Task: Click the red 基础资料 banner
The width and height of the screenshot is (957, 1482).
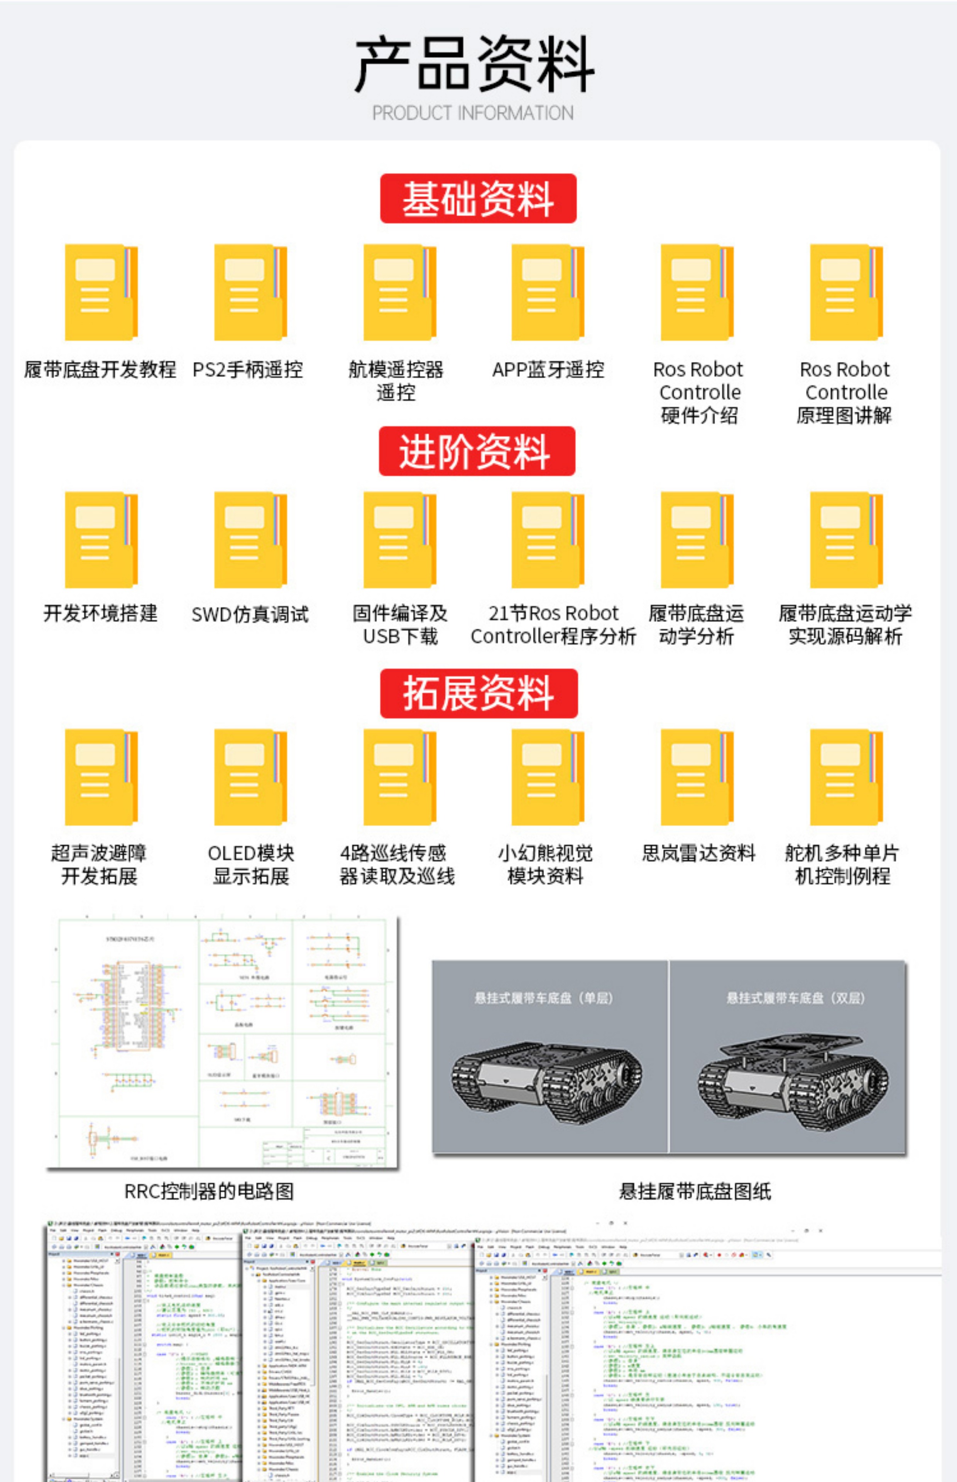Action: [x=478, y=199]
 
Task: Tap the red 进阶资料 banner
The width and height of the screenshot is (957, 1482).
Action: [x=477, y=451]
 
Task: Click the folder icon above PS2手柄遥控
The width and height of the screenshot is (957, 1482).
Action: [x=250, y=293]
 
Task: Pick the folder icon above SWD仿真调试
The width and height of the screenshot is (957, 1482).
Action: [x=250, y=540]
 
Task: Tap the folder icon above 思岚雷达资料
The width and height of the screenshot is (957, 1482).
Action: [x=697, y=777]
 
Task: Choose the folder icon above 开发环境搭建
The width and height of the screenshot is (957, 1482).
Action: [x=101, y=540]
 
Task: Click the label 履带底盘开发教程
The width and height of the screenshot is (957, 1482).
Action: [x=100, y=370]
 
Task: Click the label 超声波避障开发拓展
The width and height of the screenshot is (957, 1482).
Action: [x=99, y=864]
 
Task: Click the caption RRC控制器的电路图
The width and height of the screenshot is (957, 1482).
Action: [x=209, y=1191]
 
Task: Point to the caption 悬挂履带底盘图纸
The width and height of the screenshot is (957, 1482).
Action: [x=695, y=1191]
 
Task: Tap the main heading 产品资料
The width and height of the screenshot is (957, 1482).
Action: [x=474, y=64]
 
